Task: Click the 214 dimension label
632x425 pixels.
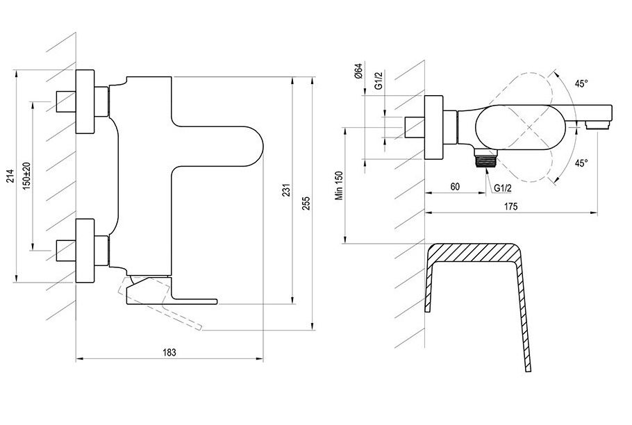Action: click(11, 176)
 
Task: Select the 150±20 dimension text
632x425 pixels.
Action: click(26, 176)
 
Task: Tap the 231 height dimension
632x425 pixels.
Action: click(285, 190)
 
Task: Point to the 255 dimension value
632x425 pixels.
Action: click(306, 203)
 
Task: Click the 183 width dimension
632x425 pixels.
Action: click(169, 353)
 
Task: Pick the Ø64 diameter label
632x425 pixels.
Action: click(359, 71)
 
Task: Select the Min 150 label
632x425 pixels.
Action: click(339, 185)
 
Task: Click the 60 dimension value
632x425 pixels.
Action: click(455, 187)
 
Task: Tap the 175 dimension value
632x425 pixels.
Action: click(510, 207)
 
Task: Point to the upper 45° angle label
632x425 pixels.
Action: click(581, 84)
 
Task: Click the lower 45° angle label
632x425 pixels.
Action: click(581, 162)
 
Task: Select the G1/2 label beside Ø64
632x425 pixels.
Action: click(378, 81)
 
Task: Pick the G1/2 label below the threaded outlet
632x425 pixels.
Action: click(503, 187)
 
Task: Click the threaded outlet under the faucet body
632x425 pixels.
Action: click(485, 158)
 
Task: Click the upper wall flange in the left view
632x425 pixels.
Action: click(85, 101)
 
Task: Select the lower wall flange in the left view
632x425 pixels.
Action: click(85, 251)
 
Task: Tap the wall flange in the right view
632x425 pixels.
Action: click(434, 128)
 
